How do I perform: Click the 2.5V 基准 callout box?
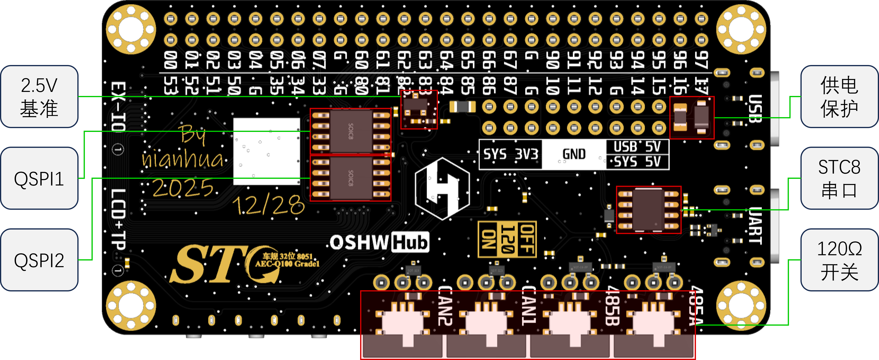[39, 97]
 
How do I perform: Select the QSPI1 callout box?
[39, 178]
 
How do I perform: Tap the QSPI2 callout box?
[39, 260]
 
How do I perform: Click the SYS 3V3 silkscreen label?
[511, 155]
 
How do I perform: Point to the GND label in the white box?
[574, 155]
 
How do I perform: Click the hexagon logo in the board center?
[442, 188]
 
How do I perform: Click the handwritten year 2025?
[183, 188]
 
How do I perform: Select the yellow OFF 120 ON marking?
[507, 239]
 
